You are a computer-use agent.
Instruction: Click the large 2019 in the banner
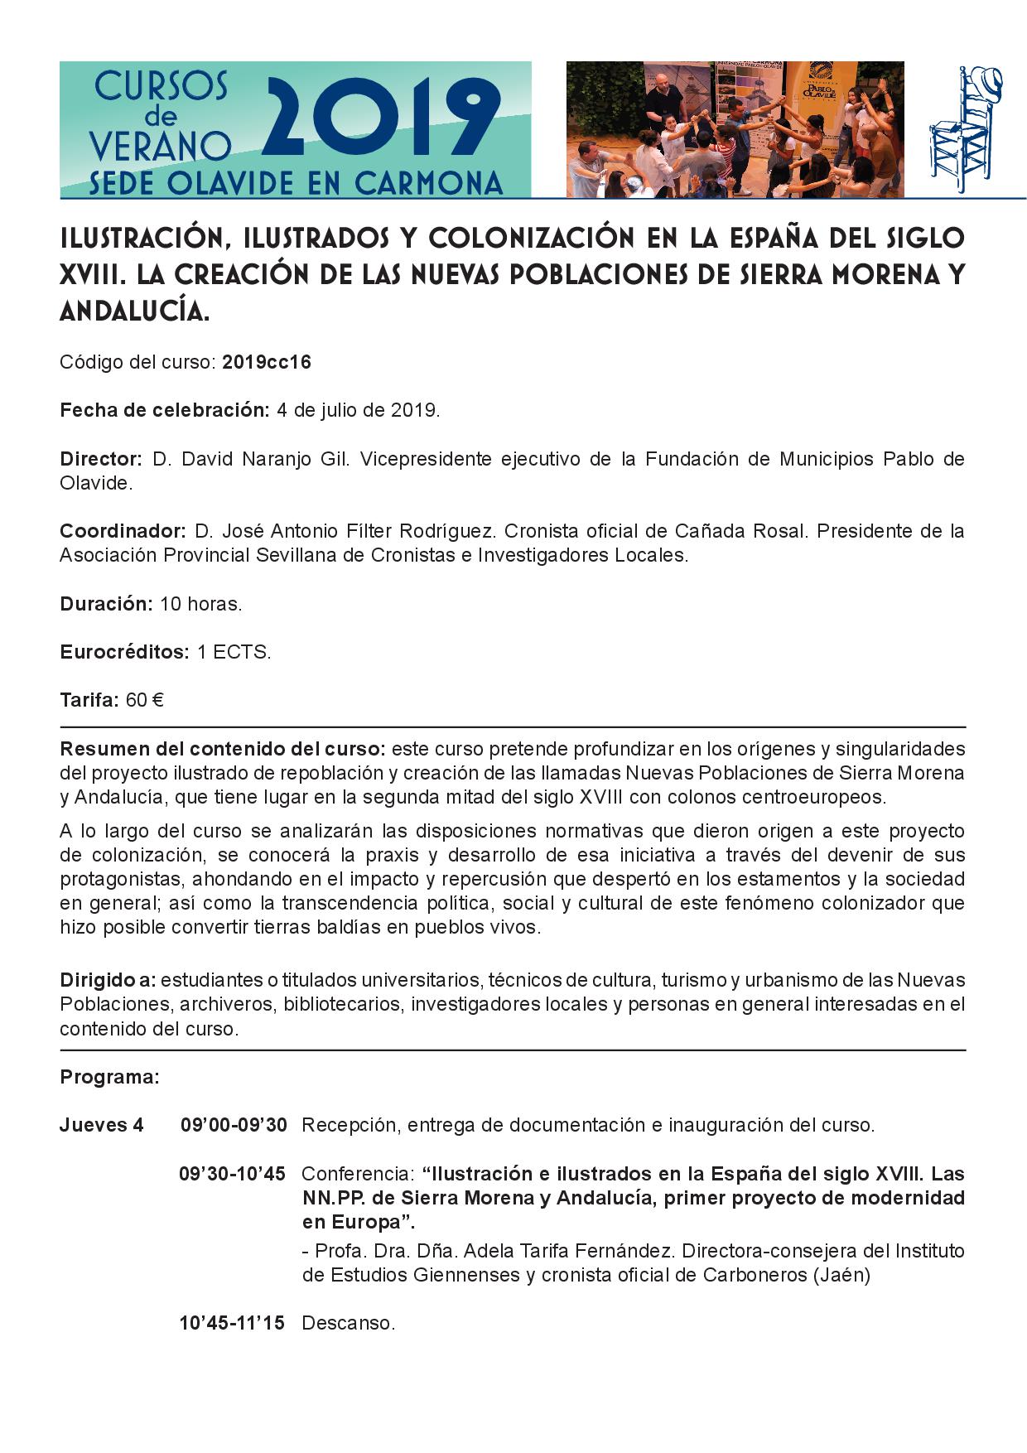point(385,121)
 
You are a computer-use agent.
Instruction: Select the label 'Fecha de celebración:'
point(165,411)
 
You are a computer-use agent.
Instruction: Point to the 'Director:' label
point(102,459)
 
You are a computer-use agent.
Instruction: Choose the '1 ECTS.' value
point(234,652)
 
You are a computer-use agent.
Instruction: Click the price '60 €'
point(144,701)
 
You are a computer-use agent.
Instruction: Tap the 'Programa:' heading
point(109,1078)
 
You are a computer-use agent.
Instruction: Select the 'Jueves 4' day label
point(101,1126)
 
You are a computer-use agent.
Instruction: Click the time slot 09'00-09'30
point(234,1126)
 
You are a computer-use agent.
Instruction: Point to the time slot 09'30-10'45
point(232,1174)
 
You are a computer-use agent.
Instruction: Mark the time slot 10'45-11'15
point(232,1323)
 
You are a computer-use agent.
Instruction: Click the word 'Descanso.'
point(348,1323)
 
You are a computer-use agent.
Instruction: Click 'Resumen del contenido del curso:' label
point(222,750)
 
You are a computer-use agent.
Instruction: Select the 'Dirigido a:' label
point(108,981)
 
